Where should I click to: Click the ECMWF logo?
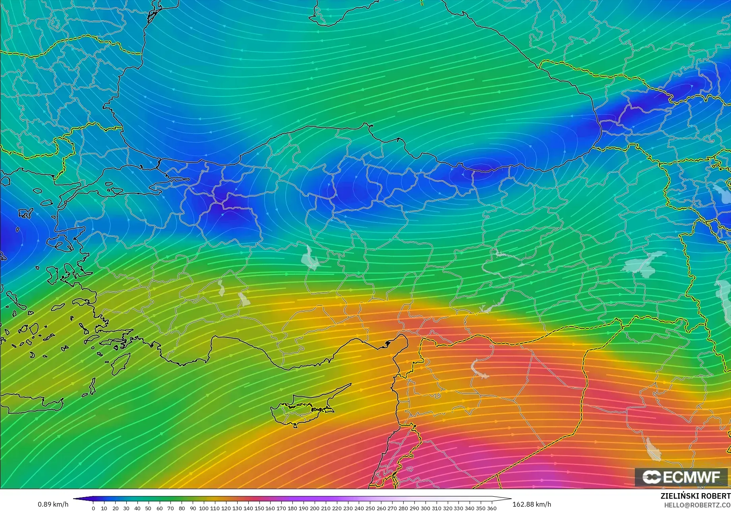click(x=681, y=477)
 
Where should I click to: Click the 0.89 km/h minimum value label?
click(x=53, y=504)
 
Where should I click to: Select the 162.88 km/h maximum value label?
click(x=532, y=504)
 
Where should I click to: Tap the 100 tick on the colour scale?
click(x=204, y=508)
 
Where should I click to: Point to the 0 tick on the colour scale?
click(x=93, y=508)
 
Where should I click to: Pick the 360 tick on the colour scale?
click(x=491, y=508)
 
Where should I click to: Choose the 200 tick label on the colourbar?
click(x=314, y=508)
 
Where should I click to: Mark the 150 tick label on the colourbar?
click(x=259, y=508)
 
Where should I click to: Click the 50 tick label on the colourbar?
click(x=148, y=508)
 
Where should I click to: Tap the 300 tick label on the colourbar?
click(x=425, y=508)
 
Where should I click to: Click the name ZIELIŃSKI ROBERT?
click(x=695, y=496)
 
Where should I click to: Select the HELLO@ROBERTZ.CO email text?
click(x=697, y=504)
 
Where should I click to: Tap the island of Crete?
click(x=32, y=403)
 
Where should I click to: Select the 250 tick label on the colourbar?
click(x=370, y=508)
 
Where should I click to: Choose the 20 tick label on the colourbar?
click(x=115, y=508)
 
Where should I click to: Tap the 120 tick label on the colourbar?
click(x=226, y=508)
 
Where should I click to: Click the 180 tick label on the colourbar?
click(x=292, y=508)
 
